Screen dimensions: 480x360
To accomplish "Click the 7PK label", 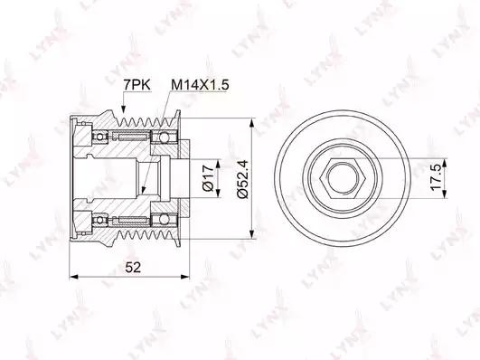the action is tap(136, 85).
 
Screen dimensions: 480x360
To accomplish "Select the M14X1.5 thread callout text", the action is tap(200, 85).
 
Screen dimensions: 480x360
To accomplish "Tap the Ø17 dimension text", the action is tap(208, 178).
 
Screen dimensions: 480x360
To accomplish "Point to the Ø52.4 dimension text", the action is tap(243, 178).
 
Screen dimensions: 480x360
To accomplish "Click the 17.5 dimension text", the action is tap(436, 177).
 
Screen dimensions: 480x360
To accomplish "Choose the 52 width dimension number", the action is tap(133, 268).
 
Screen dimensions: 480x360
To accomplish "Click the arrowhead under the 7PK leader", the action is tap(124, 109).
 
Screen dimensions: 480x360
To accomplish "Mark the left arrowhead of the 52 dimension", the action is tap(74, 277).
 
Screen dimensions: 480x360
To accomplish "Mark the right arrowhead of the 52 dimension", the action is tap(185, 277).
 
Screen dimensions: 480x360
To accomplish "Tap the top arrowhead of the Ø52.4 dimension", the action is tap(251, 123).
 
